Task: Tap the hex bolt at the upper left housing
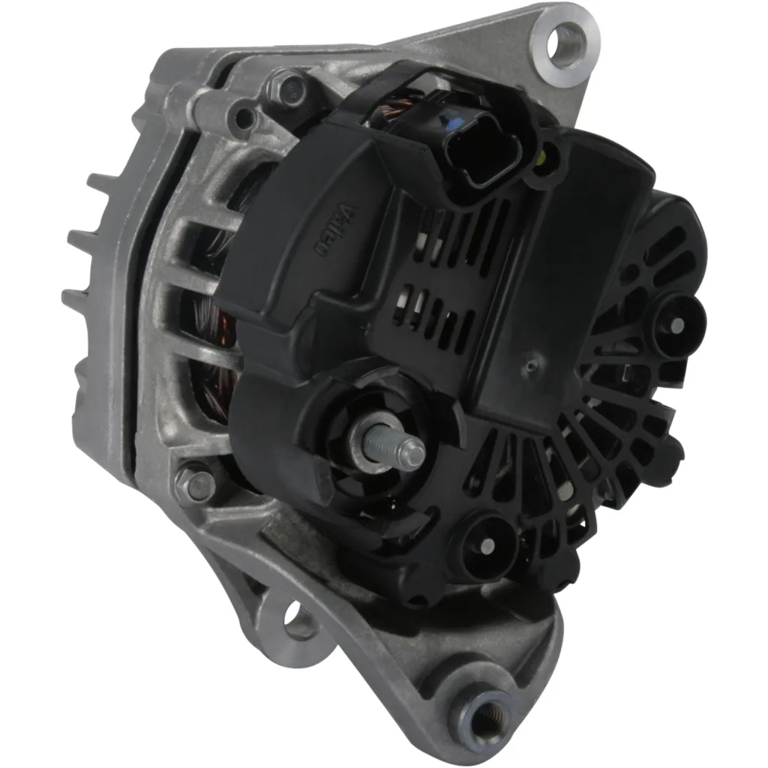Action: (287, 87)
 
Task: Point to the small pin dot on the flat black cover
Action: (532, 364)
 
